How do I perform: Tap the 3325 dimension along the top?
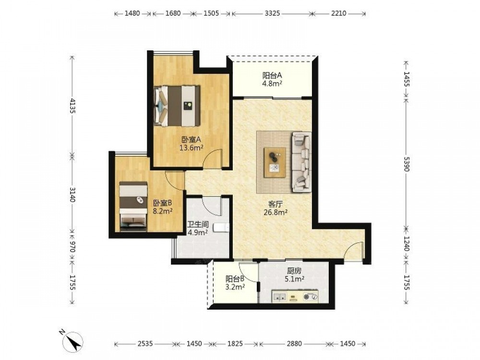pyautogui.click(x=272, y=13)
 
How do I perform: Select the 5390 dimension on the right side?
pyautogui.click(x=406, y=164)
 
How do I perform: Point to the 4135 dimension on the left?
pyautogui.click(x=72, y=106)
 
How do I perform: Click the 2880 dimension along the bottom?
pyautogui.click(x=294, y=344)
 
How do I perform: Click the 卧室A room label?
pyautogui.click(x=191, y=140)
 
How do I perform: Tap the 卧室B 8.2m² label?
pyautogui.click(x=163, y=207)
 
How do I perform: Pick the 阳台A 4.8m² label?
pyautogui.click(x=272, y=79)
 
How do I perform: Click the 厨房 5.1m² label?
pyautogui.click(x=294, y=275)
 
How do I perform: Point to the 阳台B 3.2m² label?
pyautogui.click(x=235, y=283)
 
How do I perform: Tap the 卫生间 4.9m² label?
pyautogui.click(x=198, y=228)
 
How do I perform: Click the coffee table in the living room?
pyautogui.click(x=275, y=162)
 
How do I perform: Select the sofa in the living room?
pyautogui.click(x=301, y=162)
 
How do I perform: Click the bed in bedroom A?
pyautogui.click(x=177, y=106)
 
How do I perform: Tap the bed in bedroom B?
pyautogui.click(x=133, y=206)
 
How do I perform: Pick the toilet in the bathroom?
pyautogui.click(x=221, y=228)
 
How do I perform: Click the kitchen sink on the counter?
pyautogui.click(x=279, y=296)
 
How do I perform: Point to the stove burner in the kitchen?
pyautogui.click(x=311, y=296)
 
